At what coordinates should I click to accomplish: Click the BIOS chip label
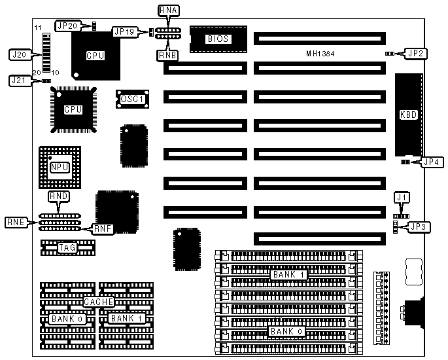point(218,39)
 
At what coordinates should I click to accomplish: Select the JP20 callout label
point(67,26)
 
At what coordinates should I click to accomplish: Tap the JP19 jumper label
point(125,31)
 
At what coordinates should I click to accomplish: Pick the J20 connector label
point(18,55)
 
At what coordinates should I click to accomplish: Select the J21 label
point(18,81)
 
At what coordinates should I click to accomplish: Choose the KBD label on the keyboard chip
point(408,114)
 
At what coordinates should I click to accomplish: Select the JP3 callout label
point(419,227)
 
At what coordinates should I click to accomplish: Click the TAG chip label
point(67,247)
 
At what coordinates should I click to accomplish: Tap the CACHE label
point(99,302)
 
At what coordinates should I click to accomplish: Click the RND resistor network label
point(59,196)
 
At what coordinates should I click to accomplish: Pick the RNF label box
point(102,228)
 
